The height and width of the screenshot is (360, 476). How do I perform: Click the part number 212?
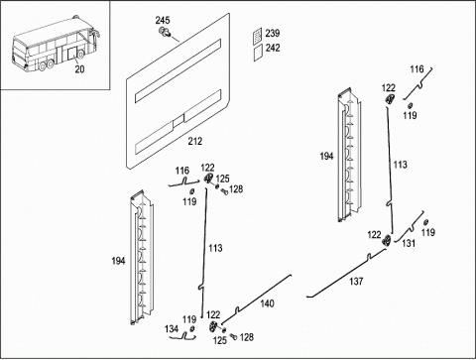tap(195, 141)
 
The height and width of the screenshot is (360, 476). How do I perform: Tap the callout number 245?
tap(163, 20)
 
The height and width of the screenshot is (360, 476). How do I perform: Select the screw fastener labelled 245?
tap(165, 32)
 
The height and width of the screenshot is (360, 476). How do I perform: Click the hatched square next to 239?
tap(258, 36)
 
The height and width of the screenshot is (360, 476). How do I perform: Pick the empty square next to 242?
tap(258, 53)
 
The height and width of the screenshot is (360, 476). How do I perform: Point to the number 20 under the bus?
tap(79, 69)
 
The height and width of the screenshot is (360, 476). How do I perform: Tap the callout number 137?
tap(356, 282)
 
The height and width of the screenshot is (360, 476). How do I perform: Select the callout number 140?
tap(267, 303)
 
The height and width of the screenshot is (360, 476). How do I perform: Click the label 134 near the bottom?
tap(172, 329)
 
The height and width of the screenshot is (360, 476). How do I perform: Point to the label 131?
tap(409, 243)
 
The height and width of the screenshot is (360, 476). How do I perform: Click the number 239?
tap(273, 33)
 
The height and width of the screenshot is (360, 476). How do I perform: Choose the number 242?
tap(273, 48)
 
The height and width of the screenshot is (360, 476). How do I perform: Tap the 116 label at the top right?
tap(416, 69)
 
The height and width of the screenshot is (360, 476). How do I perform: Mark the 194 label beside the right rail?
tap(326, 157)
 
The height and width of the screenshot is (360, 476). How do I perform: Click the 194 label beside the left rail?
tap(118, 261)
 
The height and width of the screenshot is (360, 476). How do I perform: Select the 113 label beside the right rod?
tap(400, 165)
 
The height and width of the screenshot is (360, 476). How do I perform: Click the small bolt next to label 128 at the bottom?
tap(233, 336)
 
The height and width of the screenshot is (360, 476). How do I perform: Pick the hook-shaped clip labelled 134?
tap(182, 336)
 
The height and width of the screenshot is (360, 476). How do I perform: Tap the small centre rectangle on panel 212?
tap(178, 120)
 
